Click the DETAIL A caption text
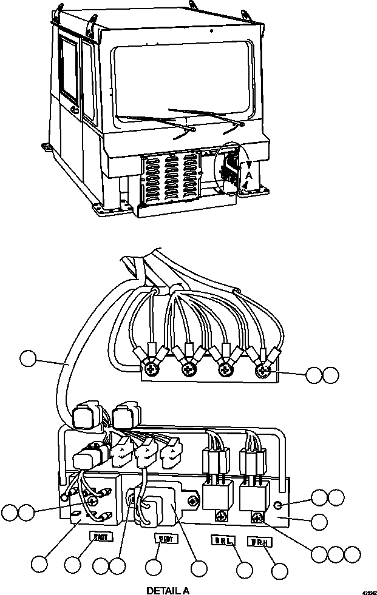[x=172, y=590]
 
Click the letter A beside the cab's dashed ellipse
[x=247, y=173]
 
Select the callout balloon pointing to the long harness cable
[x=28, y=358]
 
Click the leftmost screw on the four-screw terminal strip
[x=149, y=367]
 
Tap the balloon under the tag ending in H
[x=279, y=570]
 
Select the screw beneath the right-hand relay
[x=257, y=517]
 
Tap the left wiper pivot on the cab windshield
[x=193, y=129]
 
